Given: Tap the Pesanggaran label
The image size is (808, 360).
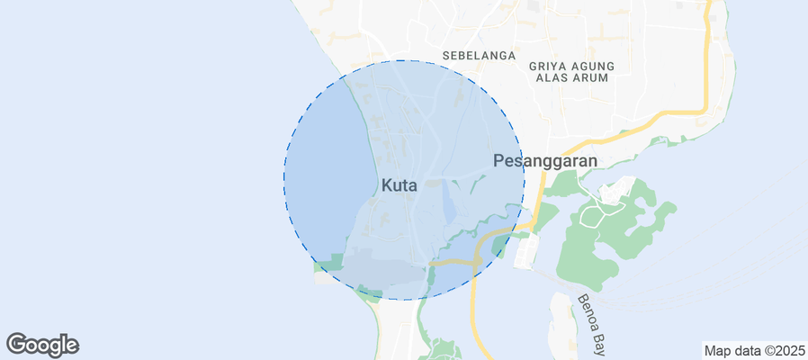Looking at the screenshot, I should tap(545, 161).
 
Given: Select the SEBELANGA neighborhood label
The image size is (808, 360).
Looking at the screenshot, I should tap(479, 56).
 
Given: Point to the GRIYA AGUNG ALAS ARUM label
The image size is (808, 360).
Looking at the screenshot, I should tap(571, 72).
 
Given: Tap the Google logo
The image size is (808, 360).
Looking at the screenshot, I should tap(42, 344).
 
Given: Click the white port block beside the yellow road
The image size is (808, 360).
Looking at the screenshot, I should tap(527, 252).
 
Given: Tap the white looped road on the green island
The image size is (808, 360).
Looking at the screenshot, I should tap(594, 215).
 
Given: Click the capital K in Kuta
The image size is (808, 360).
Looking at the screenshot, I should tap(387, 185).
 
